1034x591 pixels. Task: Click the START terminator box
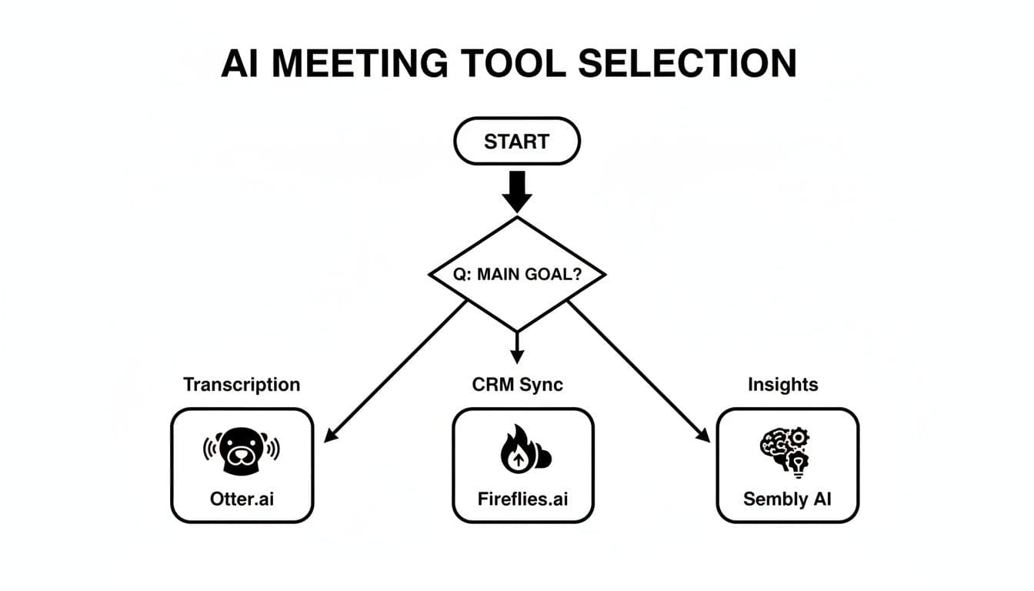click(x=516, y=142)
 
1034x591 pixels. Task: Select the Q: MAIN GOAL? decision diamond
click(x=516, y=274)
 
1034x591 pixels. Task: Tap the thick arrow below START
click(x=516, y=192)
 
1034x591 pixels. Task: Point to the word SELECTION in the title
click(x=687, y=63)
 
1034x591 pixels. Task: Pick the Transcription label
click(x=242, y=384)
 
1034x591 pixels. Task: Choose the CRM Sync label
click(x=517, y=384)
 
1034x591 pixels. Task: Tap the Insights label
click(x=782, y=384)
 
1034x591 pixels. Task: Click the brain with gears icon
click(x=785, y=451)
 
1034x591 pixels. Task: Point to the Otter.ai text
click(x=242, y=498)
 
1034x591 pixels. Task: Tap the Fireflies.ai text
click(x=522, y=498)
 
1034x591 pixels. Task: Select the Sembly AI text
click(x=787, y=498)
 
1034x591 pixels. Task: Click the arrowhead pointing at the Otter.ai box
click(x=331, y=436)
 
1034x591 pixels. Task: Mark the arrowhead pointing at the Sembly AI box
click(x=702, y=436)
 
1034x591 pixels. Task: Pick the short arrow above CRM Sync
click(x=517, y=347)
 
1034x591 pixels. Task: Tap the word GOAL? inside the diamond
click(x=552, y=275)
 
